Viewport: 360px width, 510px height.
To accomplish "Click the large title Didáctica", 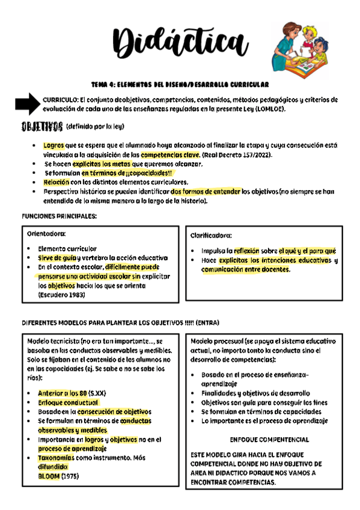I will (180, 43).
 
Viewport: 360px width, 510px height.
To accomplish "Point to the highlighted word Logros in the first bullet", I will (53, 146).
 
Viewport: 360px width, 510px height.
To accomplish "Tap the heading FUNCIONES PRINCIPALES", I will (59, 216).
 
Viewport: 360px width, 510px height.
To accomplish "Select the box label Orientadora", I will (47, 233).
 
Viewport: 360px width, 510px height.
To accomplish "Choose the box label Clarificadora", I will (212, 235).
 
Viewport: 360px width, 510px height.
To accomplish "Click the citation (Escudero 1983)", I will (62, 295).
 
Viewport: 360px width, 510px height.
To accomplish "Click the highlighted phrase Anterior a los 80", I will (63, 393).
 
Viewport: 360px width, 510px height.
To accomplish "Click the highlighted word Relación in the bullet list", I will (56, 182).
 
